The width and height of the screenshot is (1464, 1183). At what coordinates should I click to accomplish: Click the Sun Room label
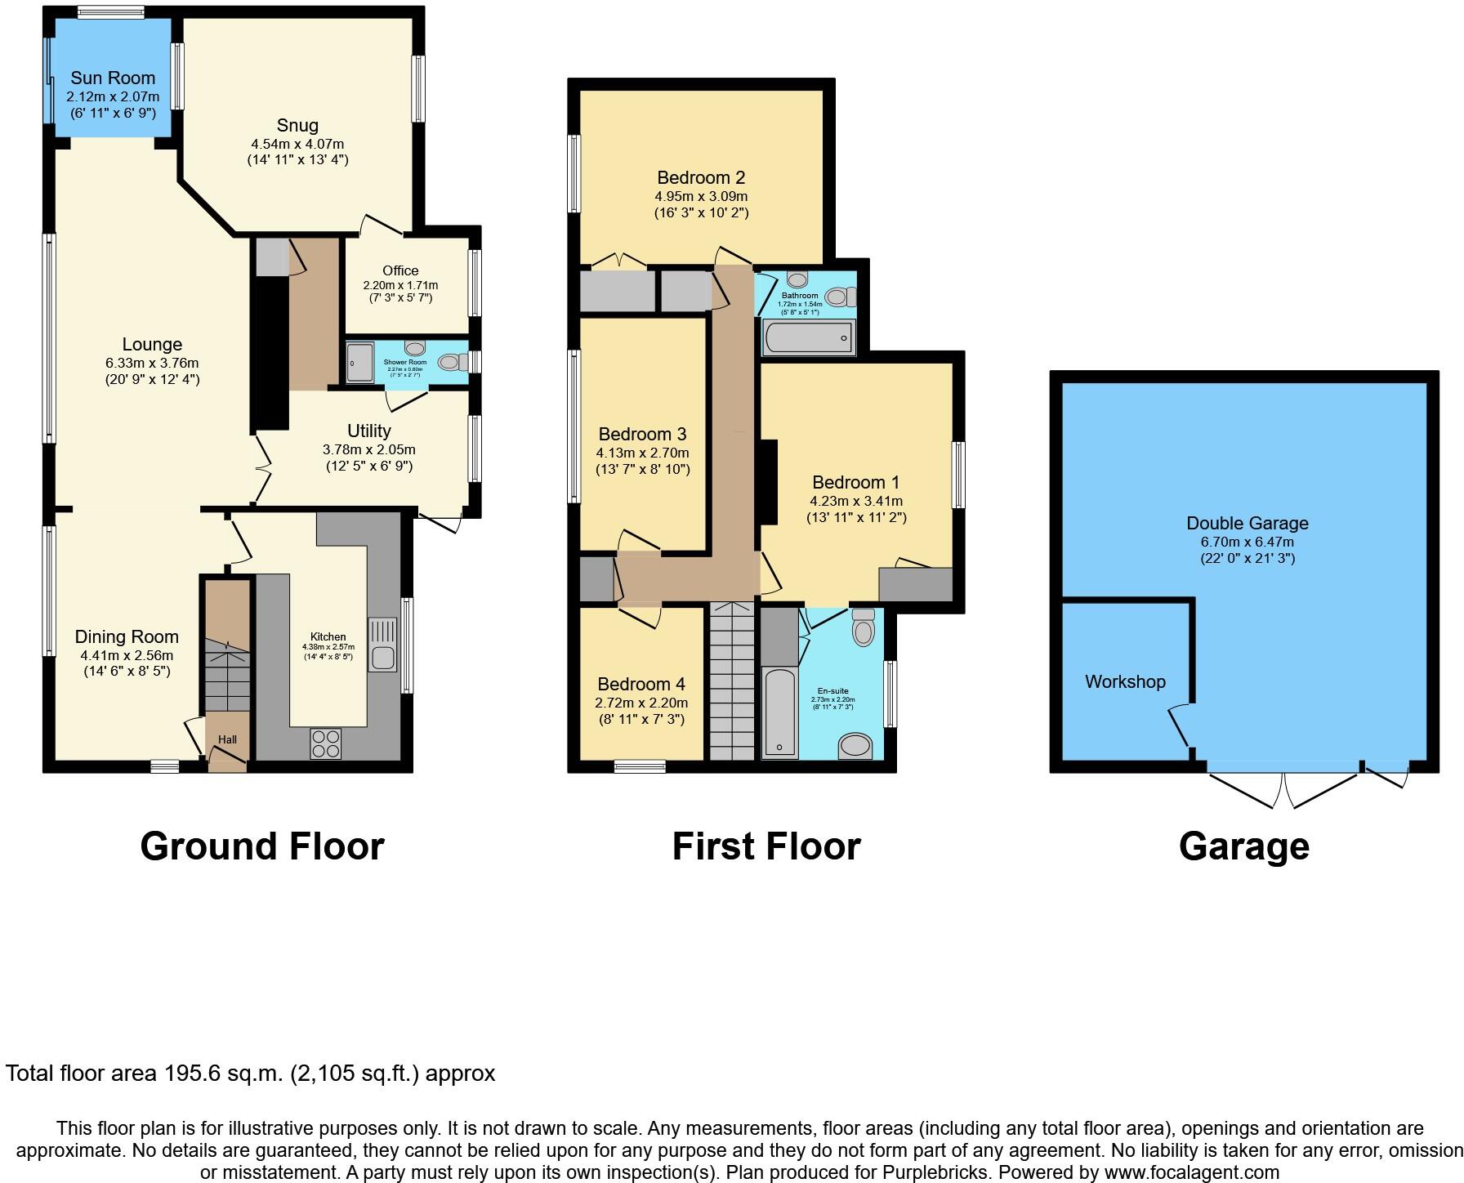(113, 78)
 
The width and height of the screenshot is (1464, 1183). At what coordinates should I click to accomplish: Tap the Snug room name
(297, 126)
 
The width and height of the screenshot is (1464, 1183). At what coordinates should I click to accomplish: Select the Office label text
(400, 270)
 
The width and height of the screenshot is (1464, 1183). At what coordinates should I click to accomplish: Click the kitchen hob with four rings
(326, 743)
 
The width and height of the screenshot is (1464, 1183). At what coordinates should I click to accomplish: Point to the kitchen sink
(382, 645)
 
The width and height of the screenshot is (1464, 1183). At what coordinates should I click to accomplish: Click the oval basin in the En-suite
(855, 745)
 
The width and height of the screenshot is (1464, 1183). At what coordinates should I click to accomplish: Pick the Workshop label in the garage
(1125, 682)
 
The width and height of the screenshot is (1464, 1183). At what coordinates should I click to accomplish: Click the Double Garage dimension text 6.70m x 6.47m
(1247, 542)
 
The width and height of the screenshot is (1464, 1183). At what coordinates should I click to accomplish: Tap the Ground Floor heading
(262, 846)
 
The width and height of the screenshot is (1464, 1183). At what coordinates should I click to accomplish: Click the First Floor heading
(765, 846)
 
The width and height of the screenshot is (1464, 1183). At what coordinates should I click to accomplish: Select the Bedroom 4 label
(641, 685)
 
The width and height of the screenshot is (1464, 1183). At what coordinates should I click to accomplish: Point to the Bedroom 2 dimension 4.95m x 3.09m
(701, 196)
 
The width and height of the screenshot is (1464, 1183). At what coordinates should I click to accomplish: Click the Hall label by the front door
(227, 739)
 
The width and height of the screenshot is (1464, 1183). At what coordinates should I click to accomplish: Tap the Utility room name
(369, 431)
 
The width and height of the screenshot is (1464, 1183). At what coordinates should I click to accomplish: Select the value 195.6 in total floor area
(188, 1073)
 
